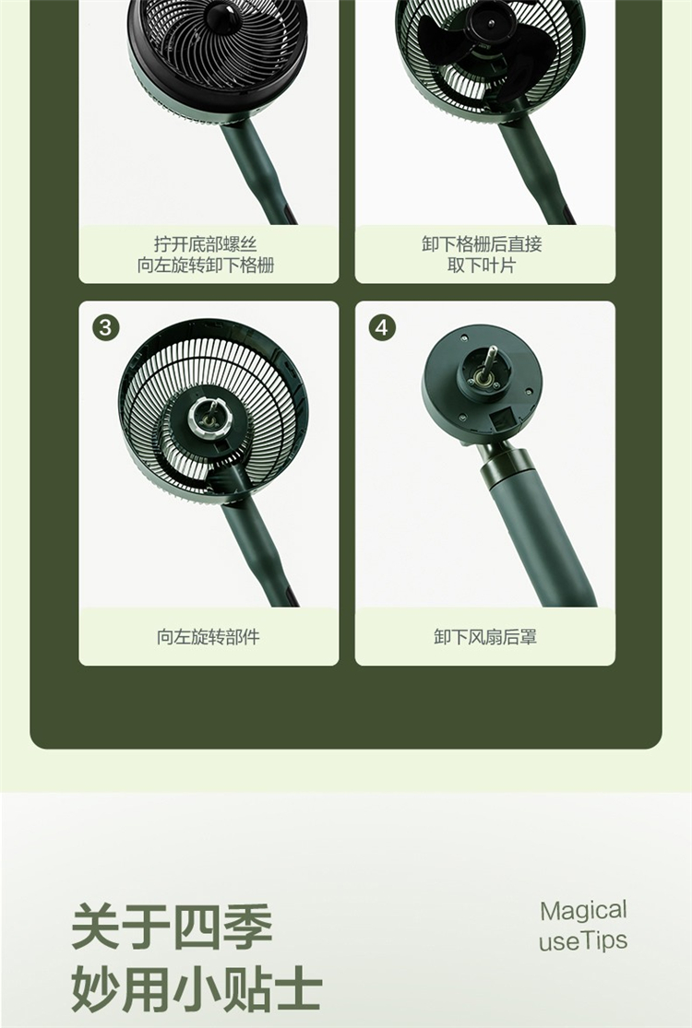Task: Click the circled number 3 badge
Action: pos(106,326)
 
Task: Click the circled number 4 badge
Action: pos(382,326)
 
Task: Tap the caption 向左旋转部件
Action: pos(209,636)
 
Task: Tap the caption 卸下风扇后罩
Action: pos(485,636)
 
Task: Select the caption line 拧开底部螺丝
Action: pos(206,244)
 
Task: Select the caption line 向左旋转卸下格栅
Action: pos(206,266)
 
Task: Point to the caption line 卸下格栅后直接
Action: pos(483,244)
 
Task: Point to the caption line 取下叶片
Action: pos(483,266)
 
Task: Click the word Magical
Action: pos(583,911)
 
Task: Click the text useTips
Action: pos(583,940)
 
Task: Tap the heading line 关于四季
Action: pos(172,927)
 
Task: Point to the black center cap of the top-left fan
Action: pos(222,17)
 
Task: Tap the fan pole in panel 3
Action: pos(259,549)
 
